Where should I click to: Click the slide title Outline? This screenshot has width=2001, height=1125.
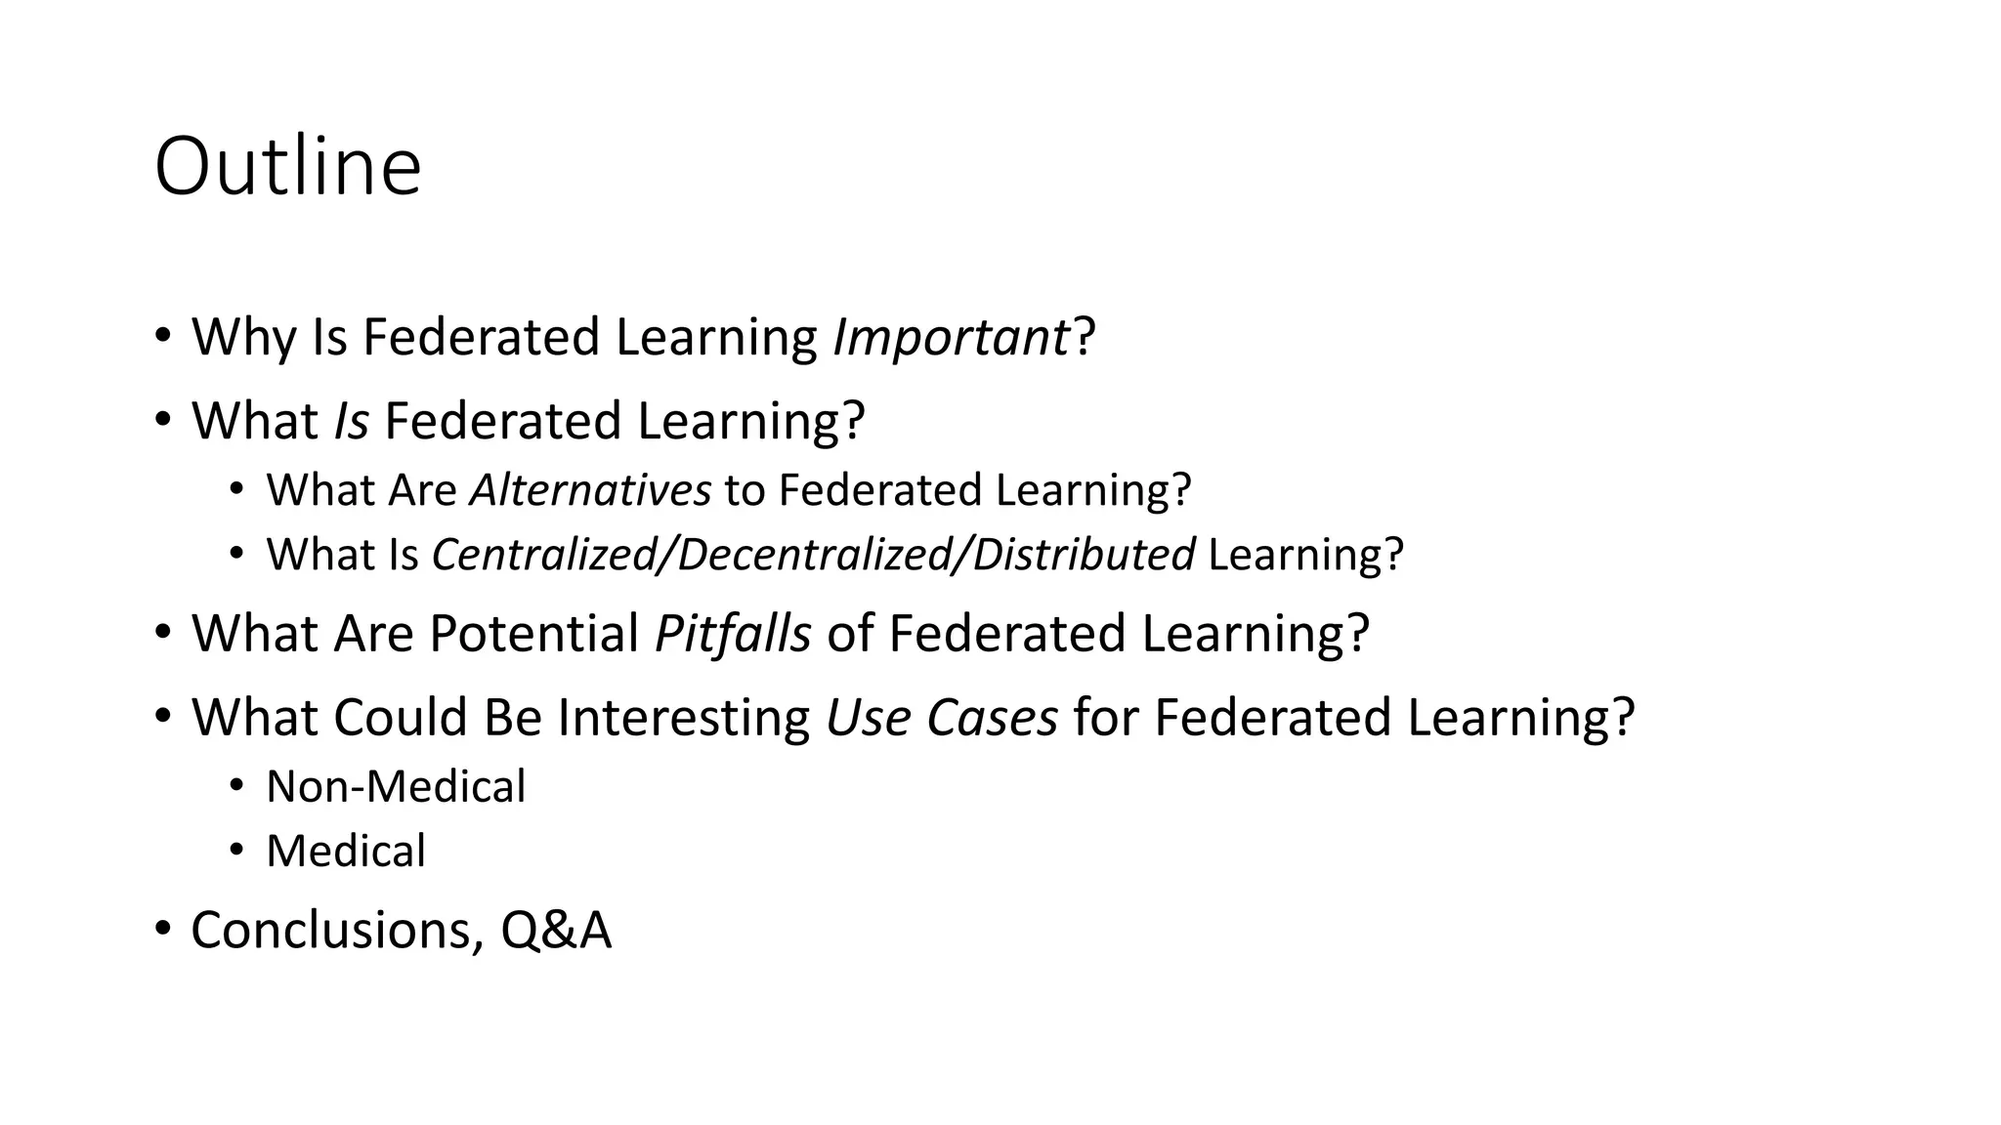287,167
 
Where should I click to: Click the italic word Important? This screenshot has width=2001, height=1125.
951,338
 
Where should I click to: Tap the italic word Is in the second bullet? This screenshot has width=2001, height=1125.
352,422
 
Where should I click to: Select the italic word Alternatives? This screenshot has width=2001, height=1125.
590,490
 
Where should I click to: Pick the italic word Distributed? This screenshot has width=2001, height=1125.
1084,555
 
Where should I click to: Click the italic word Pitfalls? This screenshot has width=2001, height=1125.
733,634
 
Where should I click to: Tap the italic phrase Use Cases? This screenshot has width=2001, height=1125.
942,718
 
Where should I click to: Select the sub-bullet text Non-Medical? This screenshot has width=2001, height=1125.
396,787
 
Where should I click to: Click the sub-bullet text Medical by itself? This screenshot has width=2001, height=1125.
346,852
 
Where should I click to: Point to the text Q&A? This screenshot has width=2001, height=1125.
556,930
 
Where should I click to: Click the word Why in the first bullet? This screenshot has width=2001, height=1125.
243,338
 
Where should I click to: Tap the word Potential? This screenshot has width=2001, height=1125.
533,634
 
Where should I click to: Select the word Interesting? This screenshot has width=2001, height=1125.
684,718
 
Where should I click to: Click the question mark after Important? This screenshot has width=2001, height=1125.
1085,338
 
